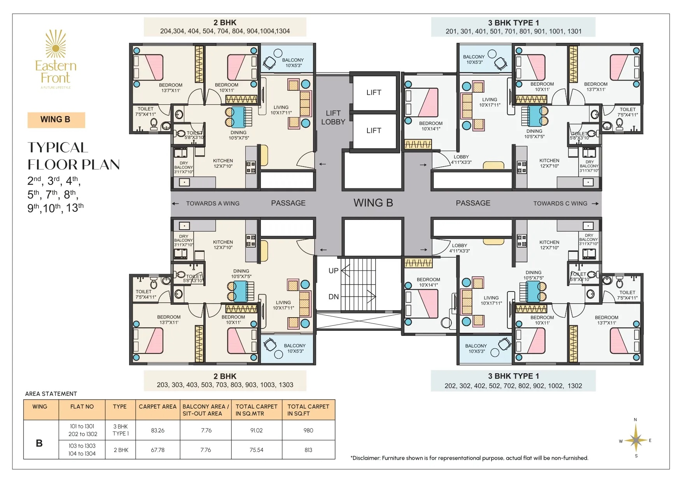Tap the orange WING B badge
pos(56,120)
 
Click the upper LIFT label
pos(374,93)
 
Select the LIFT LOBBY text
pos(333,118)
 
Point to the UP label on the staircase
pos(333,270)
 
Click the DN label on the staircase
pos(333,297)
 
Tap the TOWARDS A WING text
pos(213,204)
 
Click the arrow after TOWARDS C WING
pos(595,204)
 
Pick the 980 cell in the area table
pos(308,430)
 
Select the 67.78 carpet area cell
pos(157,450)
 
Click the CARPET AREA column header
pos(157,406)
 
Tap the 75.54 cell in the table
pos(256,450)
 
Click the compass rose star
pos(636,440)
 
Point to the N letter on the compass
pos(635,420)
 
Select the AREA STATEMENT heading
pos(51,394)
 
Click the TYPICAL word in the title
pos(58,148)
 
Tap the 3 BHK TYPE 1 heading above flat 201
pos(513,23)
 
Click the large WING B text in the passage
pos(373,203)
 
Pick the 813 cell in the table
pos(308,450)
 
